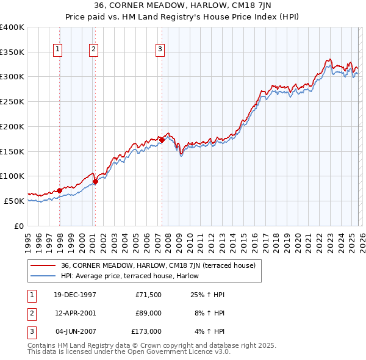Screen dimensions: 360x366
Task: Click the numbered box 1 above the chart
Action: tap(57, 49)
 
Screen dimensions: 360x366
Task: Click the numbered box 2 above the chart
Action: tap(93, 49)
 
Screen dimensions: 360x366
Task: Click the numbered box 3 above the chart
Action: tap(160, 49)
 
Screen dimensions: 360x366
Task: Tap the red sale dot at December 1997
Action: tap(60, 190)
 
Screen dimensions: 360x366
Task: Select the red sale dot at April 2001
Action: tap(96, 181)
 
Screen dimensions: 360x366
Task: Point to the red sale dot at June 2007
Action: tap(162, 140)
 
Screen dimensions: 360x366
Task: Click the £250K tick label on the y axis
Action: tap(12, 101)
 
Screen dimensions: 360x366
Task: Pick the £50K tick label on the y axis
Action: tap(14, 201)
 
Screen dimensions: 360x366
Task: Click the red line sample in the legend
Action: tap(43, 265)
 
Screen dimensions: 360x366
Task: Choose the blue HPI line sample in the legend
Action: tap(43, 276)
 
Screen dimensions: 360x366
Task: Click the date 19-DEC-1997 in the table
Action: tap(75, 295)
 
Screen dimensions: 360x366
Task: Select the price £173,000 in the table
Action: tap(146, 331)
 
